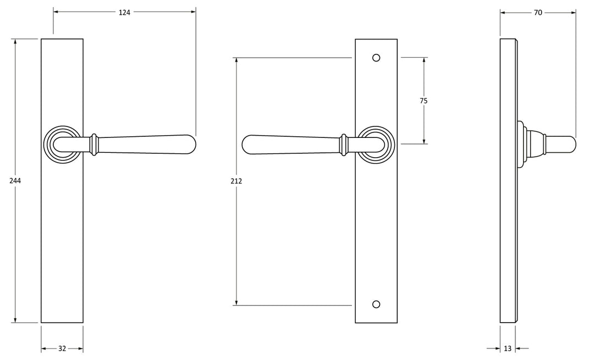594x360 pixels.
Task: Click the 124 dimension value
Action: click(x=124, y=12)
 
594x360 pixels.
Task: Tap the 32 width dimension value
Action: click(x=62, y=348)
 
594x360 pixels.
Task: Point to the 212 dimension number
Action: click(x=237, y=181)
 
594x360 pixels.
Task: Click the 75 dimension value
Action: click(x=424, y=101)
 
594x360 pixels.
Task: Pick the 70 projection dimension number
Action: click(x=538, y=12)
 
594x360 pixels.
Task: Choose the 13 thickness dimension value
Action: click(x=507, y=348)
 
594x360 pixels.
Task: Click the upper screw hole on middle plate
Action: click(x=376, y=57)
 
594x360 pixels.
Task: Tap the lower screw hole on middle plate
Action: click(x=376, y=304)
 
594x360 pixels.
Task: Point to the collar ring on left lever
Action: click(x=95, y=143)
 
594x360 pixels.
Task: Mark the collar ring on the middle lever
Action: click(x=344, y=143)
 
